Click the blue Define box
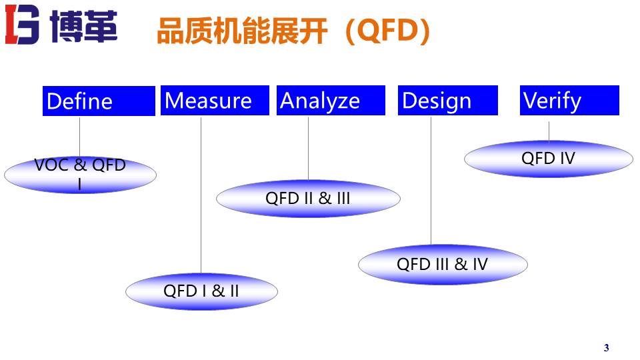99,101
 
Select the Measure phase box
215,101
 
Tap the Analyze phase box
331,101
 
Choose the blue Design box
448,101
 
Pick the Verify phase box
569,101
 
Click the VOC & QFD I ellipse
80,175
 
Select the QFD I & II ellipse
201,291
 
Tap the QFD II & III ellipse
308,199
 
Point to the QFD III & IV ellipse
443,264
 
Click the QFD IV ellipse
548,159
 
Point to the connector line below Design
431,180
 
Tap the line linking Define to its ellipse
80,137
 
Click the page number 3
606,348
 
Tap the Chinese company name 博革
83,28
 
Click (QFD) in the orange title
387,31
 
